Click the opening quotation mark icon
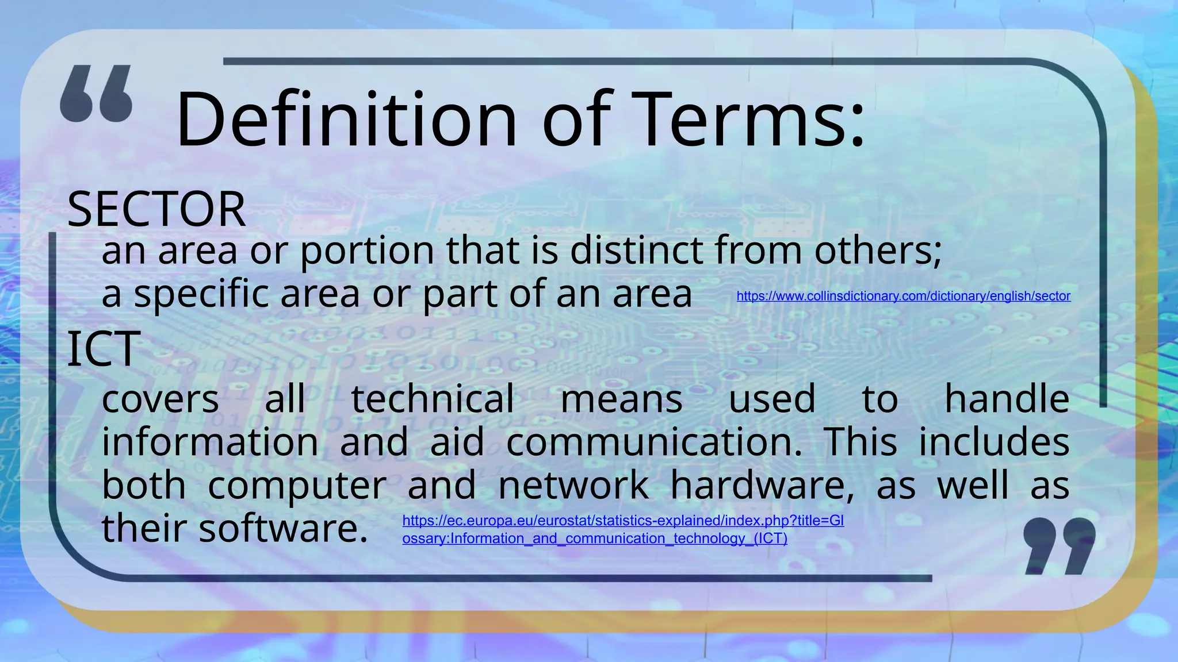coord(96,94)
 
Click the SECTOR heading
coord(156,209)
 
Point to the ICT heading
coord(104,349)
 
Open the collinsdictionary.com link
coord(903,296)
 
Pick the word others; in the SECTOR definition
coord(878,251)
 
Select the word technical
coord(433,399)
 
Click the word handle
coord(1007,399)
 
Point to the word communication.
coord(654,442)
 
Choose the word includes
coord(993,442)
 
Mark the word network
coord(573,485)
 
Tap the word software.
coord(283,528)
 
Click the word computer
coord(297,486)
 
